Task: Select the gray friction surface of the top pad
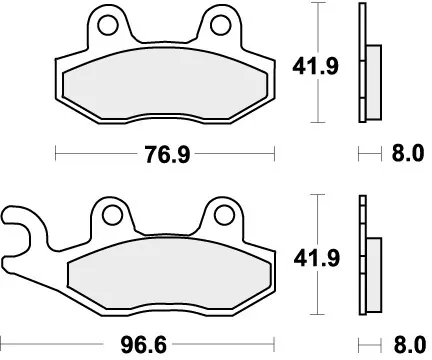click(160, 84)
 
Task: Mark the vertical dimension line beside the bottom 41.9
click(318, 300)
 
